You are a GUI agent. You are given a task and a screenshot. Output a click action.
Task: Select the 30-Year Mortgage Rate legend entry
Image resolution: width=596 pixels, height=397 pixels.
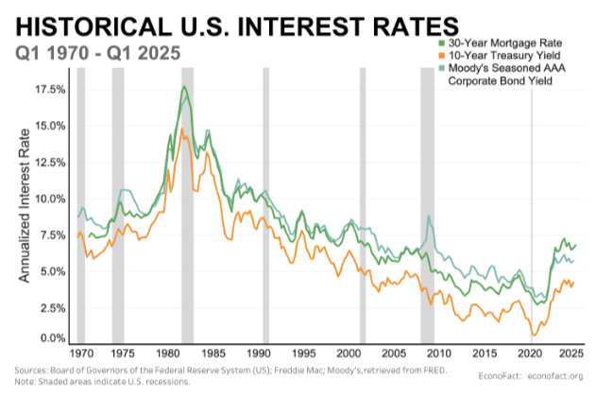pos(510,43)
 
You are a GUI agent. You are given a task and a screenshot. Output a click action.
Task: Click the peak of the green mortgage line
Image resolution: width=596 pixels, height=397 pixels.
pos(183,87)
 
